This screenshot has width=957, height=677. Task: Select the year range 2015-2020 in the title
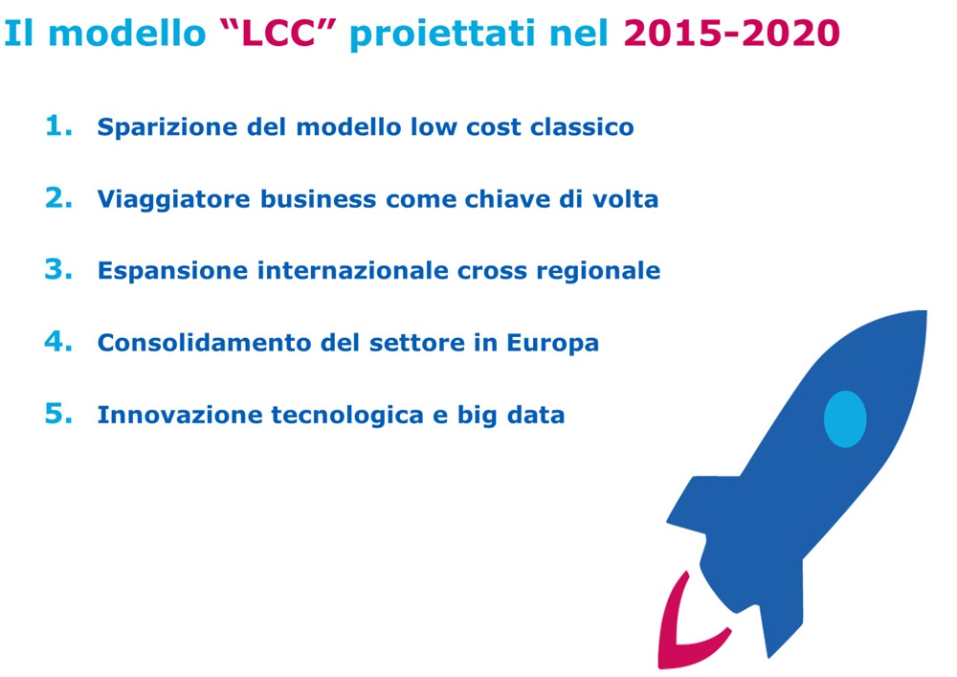[x=732, y=33]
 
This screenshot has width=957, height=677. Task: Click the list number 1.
[x=59, y=125]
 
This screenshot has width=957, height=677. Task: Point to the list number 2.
[x=59, y=197]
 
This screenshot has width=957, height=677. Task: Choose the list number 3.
[x=59, y=269]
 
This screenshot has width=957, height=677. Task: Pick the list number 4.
[x=59, y=341]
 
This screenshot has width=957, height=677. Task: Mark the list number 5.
[x=59, y=413]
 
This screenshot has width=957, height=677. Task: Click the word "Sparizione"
[x=167, y=127]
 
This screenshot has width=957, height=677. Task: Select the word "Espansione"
[x=172, y=270]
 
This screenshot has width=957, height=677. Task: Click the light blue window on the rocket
[x=845, y=419]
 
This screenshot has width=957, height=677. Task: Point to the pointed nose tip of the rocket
[x=924, y=312]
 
